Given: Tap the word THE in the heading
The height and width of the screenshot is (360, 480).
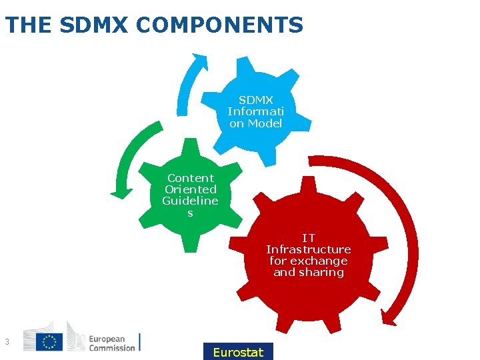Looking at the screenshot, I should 28,25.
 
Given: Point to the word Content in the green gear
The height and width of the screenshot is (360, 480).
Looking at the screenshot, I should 191,178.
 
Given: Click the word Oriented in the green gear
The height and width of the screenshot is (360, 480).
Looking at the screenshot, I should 191,189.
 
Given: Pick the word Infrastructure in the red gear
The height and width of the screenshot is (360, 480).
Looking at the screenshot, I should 309,249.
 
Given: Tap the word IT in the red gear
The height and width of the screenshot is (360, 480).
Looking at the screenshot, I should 309,238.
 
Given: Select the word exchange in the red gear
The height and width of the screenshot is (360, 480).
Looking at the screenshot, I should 323,261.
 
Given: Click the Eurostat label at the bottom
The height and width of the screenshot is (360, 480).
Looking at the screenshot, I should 238,352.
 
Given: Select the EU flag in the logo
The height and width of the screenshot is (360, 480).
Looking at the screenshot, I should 49,342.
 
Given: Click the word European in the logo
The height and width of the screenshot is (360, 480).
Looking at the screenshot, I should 111,338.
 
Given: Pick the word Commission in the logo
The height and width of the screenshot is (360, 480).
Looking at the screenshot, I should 112,347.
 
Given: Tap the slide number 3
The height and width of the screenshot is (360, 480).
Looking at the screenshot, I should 6,342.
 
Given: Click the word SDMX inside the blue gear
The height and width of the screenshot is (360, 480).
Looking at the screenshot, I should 256,100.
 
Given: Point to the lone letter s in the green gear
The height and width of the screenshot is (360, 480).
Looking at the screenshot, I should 190,213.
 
